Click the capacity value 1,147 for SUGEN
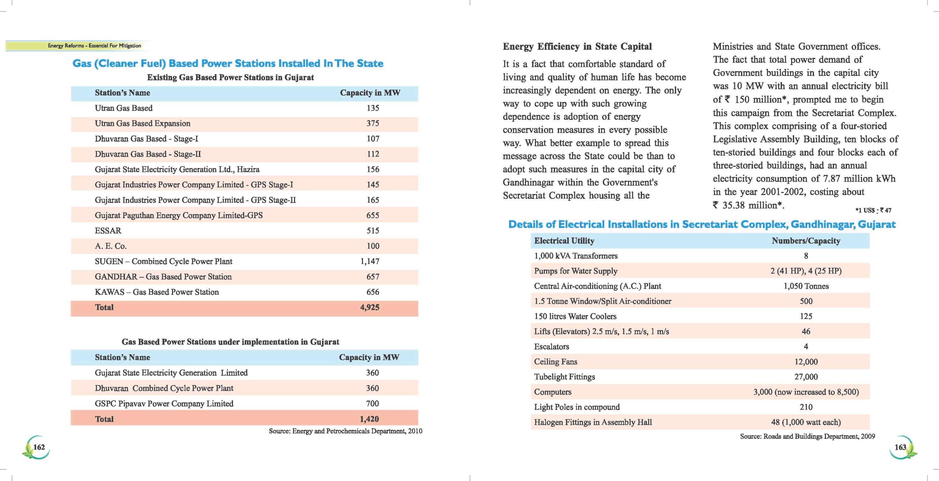click(x=370, y=261)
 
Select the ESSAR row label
click(x=108, y=231)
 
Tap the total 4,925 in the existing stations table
click(x=370, y=307)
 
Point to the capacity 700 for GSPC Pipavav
click(x=372, y=403)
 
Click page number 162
click(x=39, y=447)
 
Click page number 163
click(x=900, y=447)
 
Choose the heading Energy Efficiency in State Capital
click(x=577, y=47)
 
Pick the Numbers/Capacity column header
click(x=805, y=240)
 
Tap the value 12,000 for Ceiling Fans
click(x=805, y=362)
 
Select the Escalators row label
click(x=551, y=347)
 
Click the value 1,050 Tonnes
click(x=805, y=286)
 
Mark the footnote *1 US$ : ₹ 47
click(x=873, y=210)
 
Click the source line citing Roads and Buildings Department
click(x=807, y=436)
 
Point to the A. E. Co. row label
click(x=110, y=246)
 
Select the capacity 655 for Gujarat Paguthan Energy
click(x=373, y=215)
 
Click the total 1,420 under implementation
click(x=369, y=419)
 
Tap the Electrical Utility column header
click(x=564, y=240)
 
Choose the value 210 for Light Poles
click(x=805, y=407)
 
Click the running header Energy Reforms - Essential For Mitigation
click(x=94, y=45)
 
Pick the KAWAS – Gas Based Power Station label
click(x=157, y=292)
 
